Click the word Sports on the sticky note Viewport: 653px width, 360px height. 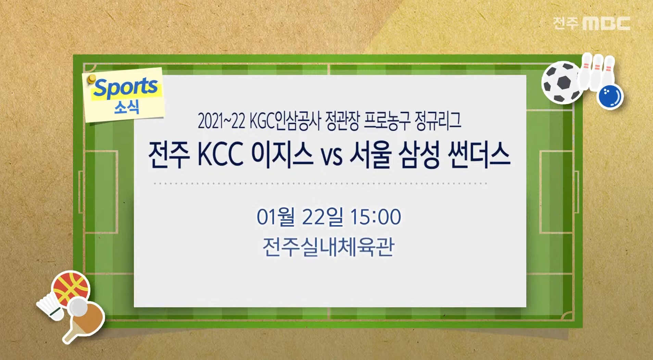126,87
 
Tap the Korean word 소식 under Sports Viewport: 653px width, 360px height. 127,108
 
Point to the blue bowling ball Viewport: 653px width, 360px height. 610,97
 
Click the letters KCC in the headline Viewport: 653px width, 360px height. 220,155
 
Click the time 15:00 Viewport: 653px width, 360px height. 375,217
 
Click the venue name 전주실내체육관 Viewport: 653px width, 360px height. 328,247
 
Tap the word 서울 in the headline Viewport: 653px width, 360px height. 370,155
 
